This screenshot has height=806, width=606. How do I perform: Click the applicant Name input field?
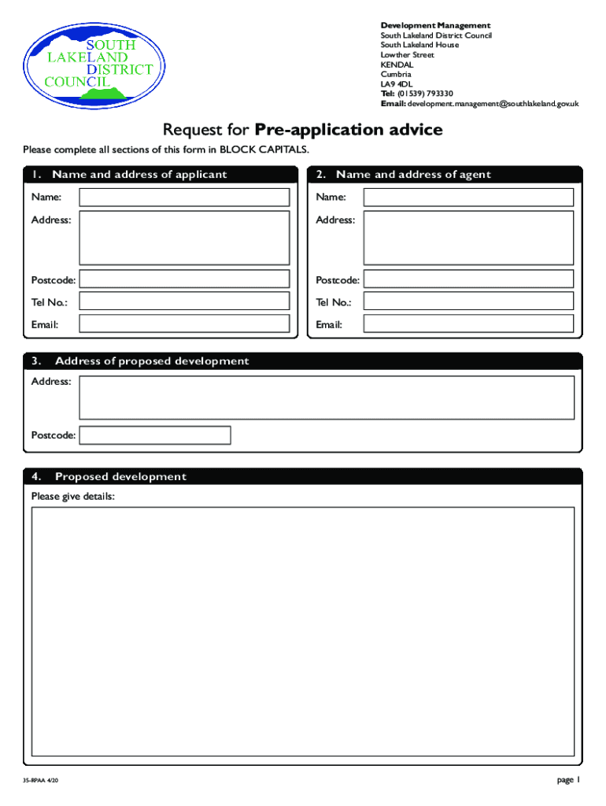[184, 197]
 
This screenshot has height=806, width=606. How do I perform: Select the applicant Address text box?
[184, 238]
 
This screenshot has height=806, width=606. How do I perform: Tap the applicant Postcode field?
[184, 279]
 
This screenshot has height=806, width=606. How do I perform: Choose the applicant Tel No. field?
[184, 301]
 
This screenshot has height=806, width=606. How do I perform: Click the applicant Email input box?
[184, 324]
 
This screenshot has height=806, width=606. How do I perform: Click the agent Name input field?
[468, 197]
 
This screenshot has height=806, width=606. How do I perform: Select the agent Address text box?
[468, 238]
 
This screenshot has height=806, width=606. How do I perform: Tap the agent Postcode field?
[468, 279]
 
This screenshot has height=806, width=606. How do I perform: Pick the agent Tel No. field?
[468, 301]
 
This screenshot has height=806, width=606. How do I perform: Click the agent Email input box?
[468, 324]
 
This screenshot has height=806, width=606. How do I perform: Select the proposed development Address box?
[327, 397]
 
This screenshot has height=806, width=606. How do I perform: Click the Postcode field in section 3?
[155, 435]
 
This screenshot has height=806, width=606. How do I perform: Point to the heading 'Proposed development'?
[120, 477]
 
